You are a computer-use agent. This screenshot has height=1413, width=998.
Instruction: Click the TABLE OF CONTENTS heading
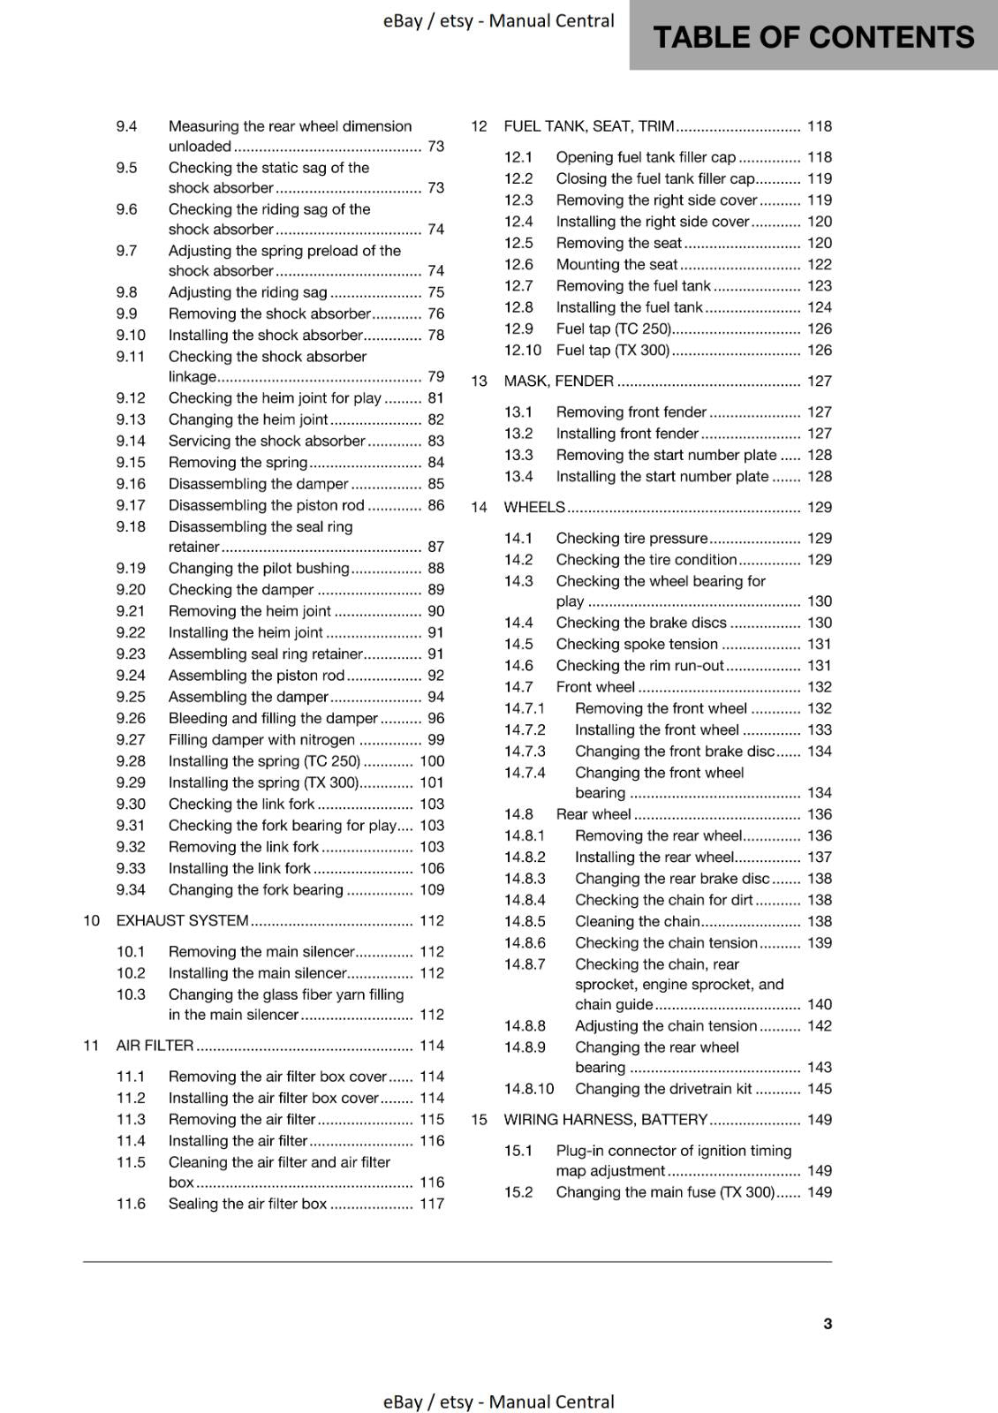(x=813, y=37)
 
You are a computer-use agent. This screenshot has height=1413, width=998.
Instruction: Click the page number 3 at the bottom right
(x=828, y=1324)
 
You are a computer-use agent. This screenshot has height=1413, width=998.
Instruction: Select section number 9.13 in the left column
(x=131, y=419)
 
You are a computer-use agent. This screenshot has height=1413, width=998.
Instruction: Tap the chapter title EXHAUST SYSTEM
(x=182, y=920)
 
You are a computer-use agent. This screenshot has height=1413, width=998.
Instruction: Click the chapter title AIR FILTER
(x=155, y=1046)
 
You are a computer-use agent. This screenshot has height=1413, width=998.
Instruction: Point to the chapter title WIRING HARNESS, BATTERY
(x=605, y=1120)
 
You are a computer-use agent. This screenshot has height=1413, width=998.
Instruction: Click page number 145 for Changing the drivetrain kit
(x=820, y=1089)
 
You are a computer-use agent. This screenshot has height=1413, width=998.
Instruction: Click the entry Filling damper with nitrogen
(x=261, y=740)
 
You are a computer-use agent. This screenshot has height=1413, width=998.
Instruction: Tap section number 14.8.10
(x=529, y=1089)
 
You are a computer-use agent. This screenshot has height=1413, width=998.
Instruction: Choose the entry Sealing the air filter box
(x=247, y=1204)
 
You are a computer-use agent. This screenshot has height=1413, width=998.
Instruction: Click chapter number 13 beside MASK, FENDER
(x=479, y=382)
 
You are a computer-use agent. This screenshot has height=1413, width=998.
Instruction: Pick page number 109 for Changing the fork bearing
(x=432, y=890)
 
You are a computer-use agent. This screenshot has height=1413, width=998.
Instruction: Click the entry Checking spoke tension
(x=637, y=645)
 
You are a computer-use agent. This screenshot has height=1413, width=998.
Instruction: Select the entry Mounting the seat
(x=616, y=264)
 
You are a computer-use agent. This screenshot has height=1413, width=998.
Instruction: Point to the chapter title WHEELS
(x=533, y=507)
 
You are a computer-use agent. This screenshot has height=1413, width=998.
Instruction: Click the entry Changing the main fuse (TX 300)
(x=665, y=1192)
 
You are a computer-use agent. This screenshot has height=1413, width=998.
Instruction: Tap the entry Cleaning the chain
(x=637, y=921)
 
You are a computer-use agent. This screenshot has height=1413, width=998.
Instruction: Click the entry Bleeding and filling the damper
(x=273, y=719)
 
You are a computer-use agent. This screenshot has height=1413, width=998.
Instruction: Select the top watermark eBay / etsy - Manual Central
(x=498, y=20)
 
